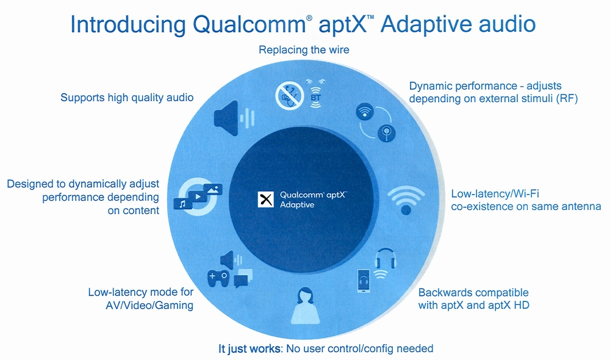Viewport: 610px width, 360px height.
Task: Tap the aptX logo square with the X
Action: click(265, 200)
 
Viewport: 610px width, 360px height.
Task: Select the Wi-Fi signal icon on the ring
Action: click(405, 199)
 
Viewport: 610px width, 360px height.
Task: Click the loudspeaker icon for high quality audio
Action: click(226, 115)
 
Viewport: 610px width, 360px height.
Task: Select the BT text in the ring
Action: click(315, 96)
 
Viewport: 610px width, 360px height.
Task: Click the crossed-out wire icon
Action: click(289, 95)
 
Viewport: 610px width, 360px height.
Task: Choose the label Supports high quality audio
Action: click(127, 98)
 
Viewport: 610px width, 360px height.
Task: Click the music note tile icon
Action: click(182, 204)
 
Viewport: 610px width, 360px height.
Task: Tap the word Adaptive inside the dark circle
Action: click(297, 205)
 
